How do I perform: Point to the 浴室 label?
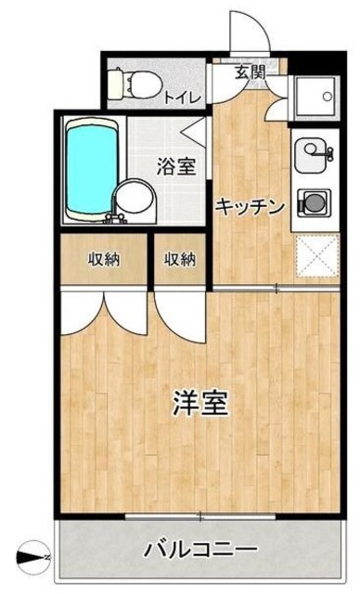(175, 168)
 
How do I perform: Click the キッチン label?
(250, 208)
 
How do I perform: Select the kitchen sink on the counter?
(310, 154)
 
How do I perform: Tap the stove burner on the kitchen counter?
(310, 200)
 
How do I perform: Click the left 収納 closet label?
(104, 259)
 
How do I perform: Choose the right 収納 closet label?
(181, 259)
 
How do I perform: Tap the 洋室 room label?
(200, 405)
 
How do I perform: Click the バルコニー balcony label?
(199, 550)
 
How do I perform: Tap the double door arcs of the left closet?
(105, 312)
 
